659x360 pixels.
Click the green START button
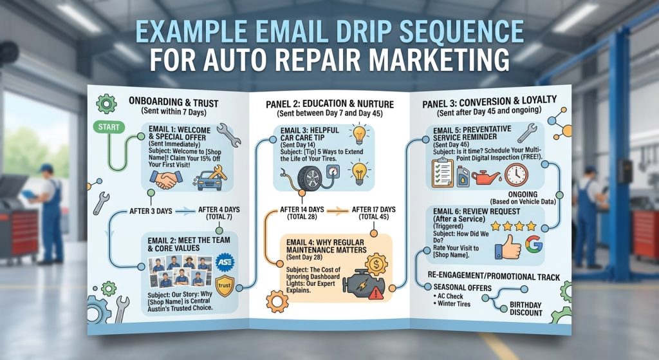(x=109, y=127)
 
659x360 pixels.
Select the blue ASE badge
(x=225, y=262)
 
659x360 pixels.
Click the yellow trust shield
(x=225, y=286)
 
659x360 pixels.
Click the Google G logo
(x=534, y=244)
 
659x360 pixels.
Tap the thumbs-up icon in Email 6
(x=508, y=247)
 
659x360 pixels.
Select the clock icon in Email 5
(x=517, y=175)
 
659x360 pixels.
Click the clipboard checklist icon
(x=443, y=173)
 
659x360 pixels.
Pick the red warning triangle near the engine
(x=376, y=293)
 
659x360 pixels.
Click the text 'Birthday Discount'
(x=526, y=308)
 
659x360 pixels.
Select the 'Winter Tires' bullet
(x=452, y=303)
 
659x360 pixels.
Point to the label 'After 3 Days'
(x=151, y=211)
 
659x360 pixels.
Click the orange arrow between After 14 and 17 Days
(x=338, y=211)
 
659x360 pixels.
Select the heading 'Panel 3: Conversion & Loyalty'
(x=489, y=102)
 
